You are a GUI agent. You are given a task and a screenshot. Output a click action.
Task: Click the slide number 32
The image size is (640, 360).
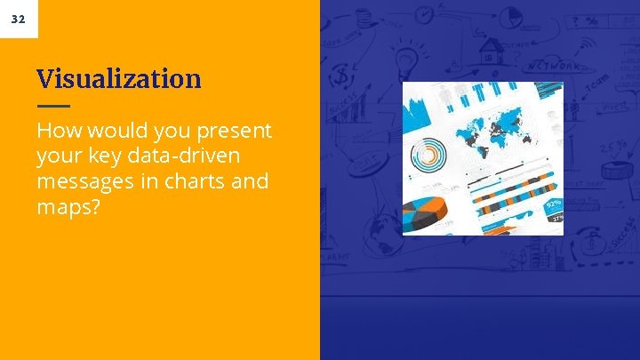tap(19, 19)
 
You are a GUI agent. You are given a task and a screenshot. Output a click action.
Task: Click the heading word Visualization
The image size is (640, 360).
tap(119, 79)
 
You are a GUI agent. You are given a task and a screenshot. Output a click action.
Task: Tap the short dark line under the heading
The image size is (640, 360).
tap(52, 106)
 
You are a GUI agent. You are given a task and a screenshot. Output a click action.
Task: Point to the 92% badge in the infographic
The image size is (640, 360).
tap(553, 204)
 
